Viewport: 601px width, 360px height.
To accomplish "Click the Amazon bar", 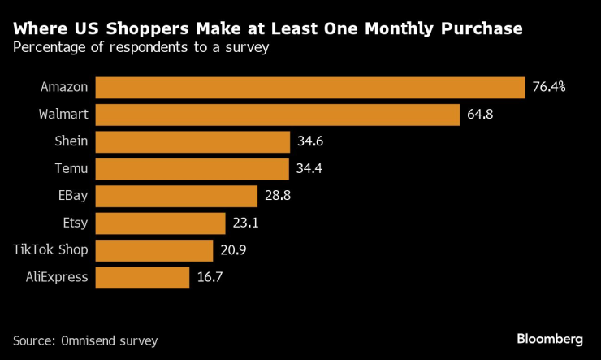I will [309, 87].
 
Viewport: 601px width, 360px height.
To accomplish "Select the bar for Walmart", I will [278, 115].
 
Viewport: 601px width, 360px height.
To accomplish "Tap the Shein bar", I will [192, 141].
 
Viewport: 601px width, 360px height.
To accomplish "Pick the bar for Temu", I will [192, 169].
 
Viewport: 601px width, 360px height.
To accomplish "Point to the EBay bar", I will [176, 196].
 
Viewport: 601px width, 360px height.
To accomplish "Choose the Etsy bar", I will [160, 223].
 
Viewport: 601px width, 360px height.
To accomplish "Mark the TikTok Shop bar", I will [153, 250].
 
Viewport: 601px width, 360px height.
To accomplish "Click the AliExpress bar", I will [142, 277].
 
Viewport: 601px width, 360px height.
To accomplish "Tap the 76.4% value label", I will [549, 87].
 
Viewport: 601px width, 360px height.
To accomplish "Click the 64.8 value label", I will [480, 115].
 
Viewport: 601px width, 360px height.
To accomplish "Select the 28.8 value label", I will [279, 196].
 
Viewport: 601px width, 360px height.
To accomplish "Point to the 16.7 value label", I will [210, 277].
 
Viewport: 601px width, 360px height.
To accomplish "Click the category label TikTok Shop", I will [50, 250].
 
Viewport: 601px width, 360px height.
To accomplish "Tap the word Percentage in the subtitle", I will [45, 47].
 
